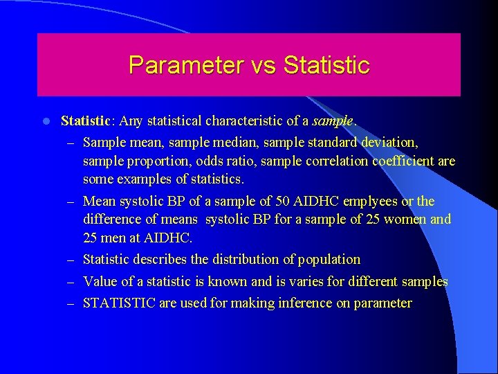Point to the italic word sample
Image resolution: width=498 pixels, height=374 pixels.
pyautogui.click(x=333, y=121)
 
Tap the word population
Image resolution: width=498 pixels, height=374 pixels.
pyautogui.click(x=329, y=260)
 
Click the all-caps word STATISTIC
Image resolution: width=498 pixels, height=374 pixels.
pyautogui.click(x=120, y=303)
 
